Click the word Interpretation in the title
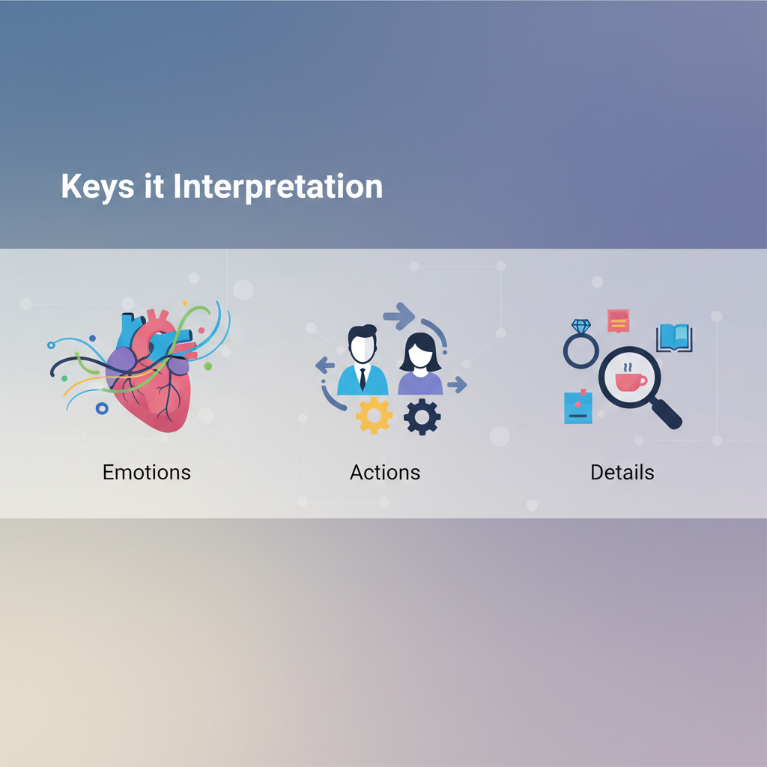(278, 187)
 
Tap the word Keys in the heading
(97, 187)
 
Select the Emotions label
(147, 473)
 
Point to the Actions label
(385, 473)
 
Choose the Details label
(622, 473)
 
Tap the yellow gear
(375, 416)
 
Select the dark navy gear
(422, 417)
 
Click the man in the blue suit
(363, 360)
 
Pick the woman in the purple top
(420, 364)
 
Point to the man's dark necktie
(363, 379)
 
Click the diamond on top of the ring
(581, 327)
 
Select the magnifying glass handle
(666, 413)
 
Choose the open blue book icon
(674, 338)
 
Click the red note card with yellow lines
(618, 321)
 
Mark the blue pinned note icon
(578, 407)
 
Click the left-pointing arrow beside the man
(325, 365)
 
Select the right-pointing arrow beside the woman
(458, 384)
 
